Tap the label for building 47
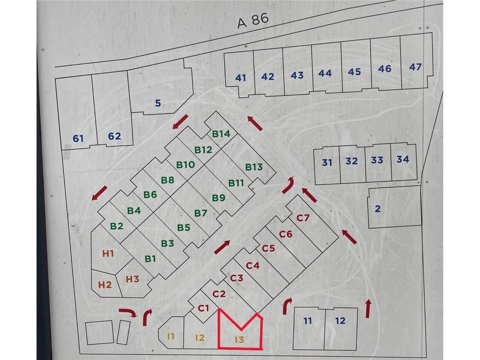(x=415, y=67)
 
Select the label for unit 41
(x=240, y=78)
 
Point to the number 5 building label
(x=158, y=103)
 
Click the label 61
(x=78, y=139)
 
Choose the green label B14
(x=221, y=133)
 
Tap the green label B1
(x=150, y=258)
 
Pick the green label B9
(x=219, y=198)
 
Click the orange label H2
(x=105, y=285)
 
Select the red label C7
(x=303, y=217)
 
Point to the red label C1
(x=203, y=308)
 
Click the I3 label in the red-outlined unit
(x=239, y=340)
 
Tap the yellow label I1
(x=171, y=336)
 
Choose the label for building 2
(x=378, y=209)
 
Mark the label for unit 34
(x=402, y=159)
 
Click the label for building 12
(x=340, y=321)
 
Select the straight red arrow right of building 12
(x=368, y=309)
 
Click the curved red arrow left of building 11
(x=287, y=306)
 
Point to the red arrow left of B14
(x=180, y=122)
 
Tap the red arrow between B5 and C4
(x=222, y=247)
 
